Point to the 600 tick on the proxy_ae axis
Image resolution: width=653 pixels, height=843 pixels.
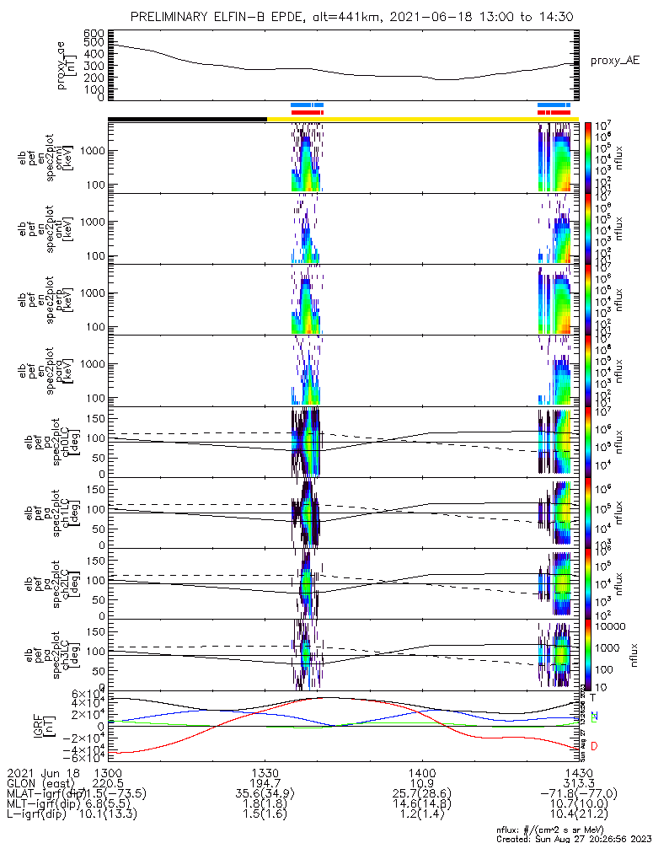(x=94, y=33)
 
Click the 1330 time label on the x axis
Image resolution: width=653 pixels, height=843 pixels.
(x=265, y=772)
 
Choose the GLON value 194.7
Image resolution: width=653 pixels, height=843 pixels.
(x=265, y=783)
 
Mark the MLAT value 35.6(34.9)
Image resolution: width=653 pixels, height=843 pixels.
(x=265, y=794)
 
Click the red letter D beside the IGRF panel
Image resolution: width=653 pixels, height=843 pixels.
(x=593, y=746)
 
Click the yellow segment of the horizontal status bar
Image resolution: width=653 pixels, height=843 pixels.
(x=421, y=119)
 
